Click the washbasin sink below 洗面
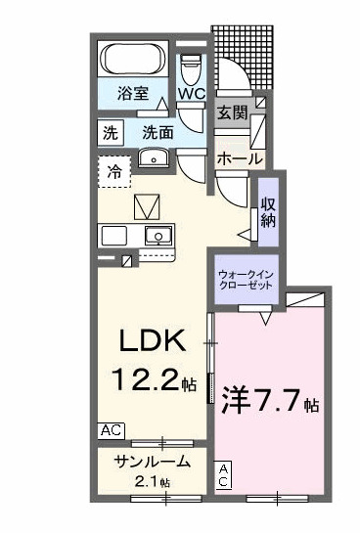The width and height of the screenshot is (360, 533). [154, 159]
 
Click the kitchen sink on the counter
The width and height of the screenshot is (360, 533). [156, 236]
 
